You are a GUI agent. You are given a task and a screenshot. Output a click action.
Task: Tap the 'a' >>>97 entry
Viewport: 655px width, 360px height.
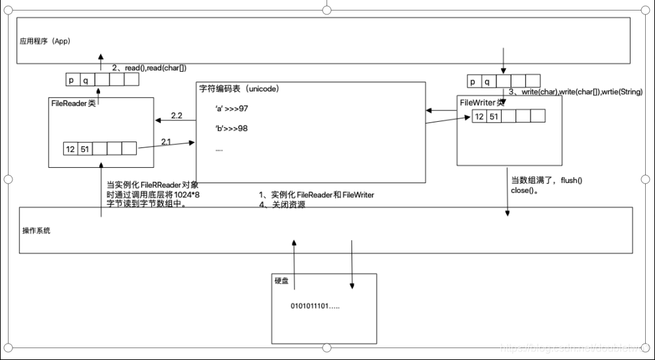click(231, 108)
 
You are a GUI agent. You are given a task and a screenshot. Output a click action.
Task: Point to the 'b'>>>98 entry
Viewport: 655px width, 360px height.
click(231, 128)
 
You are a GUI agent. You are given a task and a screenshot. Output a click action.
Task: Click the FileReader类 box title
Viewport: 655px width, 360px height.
click(73, 103)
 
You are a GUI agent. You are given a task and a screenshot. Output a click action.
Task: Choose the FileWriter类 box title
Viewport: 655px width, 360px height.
click(482, 102)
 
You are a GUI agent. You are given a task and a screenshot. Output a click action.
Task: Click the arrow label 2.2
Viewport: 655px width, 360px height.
click(176, 116)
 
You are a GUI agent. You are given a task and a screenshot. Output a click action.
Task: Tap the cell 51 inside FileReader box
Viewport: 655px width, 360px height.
click(84, 149)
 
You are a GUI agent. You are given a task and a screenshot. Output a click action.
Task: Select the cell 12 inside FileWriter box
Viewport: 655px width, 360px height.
click(480, 116)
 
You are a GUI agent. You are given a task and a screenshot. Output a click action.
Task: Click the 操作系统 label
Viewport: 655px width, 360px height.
click(36, 230)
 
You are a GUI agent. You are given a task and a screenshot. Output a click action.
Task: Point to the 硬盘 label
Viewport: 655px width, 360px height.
click(281, 280)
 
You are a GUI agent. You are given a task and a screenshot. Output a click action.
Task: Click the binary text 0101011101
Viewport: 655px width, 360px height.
click(315, 306)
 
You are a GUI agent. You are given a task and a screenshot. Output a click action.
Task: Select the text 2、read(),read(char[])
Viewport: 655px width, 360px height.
click(153, 67)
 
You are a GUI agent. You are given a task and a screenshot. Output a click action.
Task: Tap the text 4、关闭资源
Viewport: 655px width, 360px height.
click(282, 205)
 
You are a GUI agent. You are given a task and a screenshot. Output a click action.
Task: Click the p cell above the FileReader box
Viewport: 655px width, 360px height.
click(72, 80)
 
